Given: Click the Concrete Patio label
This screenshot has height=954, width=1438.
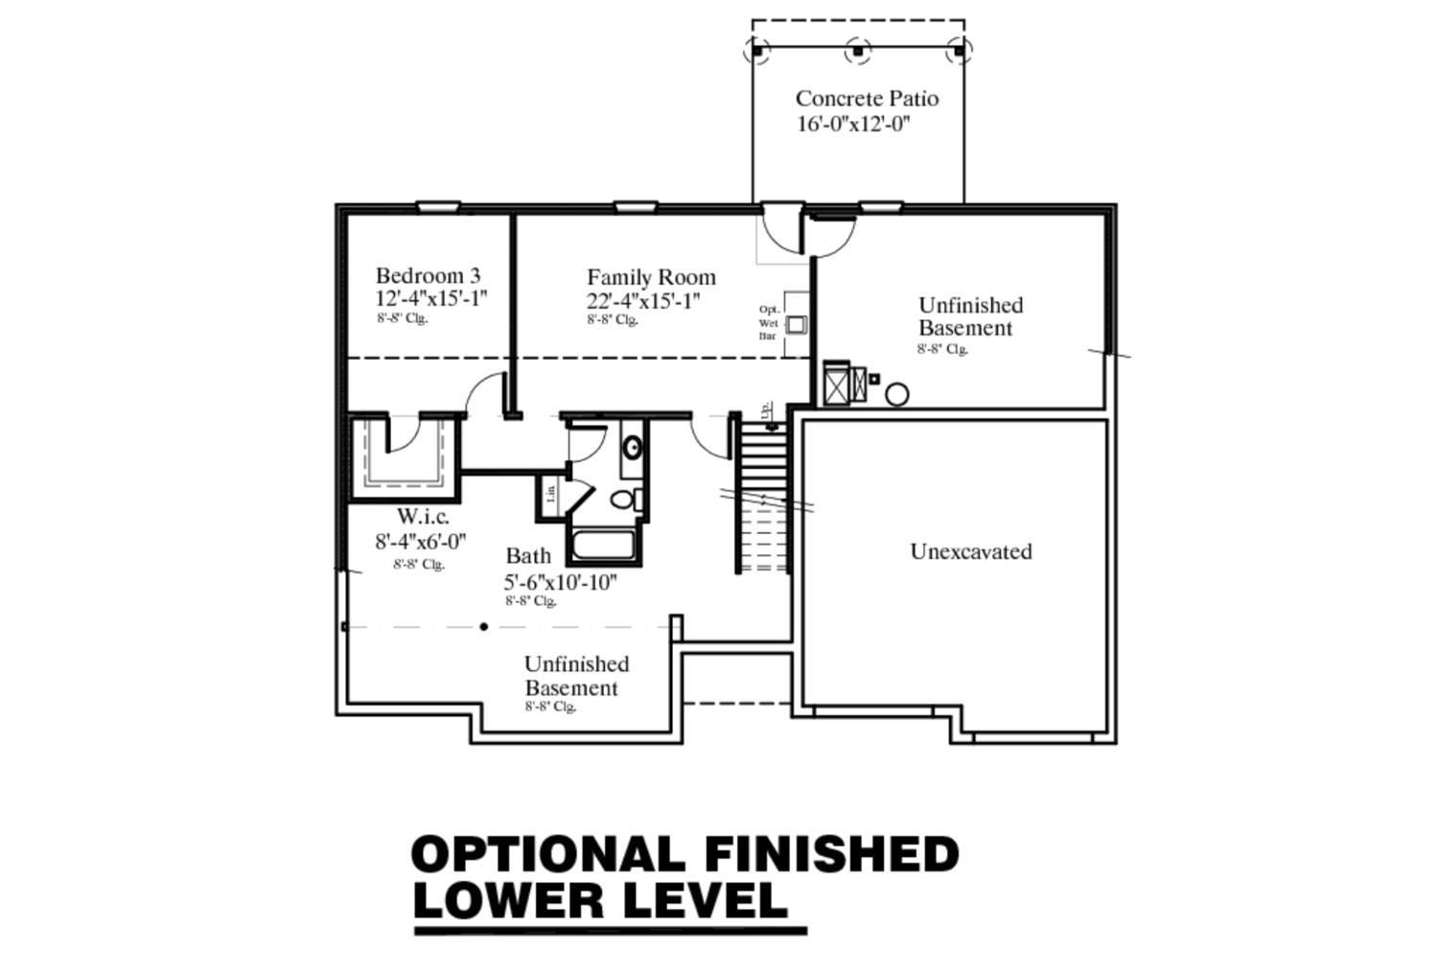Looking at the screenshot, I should pyautogui.click(x=867, y=98).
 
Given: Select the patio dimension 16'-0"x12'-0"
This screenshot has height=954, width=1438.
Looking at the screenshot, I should pyautogui.click(x=852, y=124).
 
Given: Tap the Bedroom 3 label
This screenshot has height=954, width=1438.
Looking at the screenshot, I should pyautogui.click(x=428, y=276).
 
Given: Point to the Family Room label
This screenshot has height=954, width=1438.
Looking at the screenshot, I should pyautogui.click(x=651, y=277).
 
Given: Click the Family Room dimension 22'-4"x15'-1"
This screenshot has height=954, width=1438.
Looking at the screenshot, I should pyautogui.click(x=643, y=300).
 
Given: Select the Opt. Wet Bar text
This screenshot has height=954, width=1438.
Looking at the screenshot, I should pyautogui.click(x=769, y=322).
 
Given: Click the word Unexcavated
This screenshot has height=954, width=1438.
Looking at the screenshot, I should pyautogui.click(x=970, y=551).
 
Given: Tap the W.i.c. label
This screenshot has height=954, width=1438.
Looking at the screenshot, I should pyautogui.click(x=423, y=517).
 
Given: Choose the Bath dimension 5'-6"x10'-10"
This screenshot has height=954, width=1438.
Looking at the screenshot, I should pyautogui.click(x=560, y=581).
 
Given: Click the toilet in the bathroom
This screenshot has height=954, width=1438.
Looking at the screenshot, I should pyautogui.click(x=624, y=499).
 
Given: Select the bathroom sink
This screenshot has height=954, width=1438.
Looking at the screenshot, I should pyautogui.click(x=632, y=448).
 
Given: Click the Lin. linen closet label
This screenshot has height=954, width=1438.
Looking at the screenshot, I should pyautogui.click(x=550, y=495).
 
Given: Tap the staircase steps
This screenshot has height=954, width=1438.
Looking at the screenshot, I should pyautogui.click(x=762, y=460).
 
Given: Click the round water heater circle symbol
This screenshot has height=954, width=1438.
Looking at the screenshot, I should pyautogui.click(x=896, y=394).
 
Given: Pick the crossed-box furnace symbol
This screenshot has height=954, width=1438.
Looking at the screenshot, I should pyautogui.click(x=837, y=385).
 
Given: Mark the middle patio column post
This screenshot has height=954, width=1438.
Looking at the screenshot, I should pyautogui.click(x=858, y=50).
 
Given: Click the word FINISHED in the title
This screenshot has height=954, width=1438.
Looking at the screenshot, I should pyautogui.click(x=831, y=854).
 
